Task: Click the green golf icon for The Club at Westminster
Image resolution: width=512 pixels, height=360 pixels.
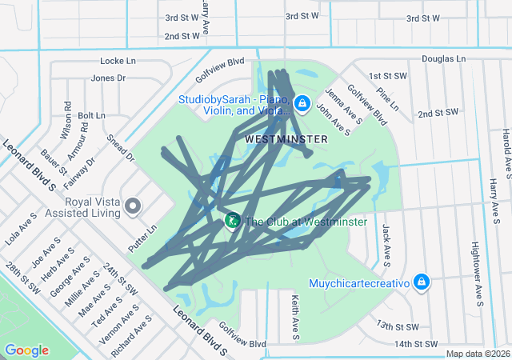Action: point(232,221)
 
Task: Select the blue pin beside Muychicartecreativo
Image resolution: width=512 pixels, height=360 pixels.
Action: point(422,283)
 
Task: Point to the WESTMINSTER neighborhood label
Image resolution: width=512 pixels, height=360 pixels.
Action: point(286,139)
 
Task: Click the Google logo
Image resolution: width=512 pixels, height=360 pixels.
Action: point(26,350)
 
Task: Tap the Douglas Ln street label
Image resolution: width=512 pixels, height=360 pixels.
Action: point(443,59)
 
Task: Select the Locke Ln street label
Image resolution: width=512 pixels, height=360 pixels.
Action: point(118,62)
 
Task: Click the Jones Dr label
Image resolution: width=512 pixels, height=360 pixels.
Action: point(109,78)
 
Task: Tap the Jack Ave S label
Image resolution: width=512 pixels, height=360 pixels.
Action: point(386,244)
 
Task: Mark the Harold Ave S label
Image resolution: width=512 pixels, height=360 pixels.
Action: point(506,149)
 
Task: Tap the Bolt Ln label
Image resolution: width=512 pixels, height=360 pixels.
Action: point(92,116)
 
